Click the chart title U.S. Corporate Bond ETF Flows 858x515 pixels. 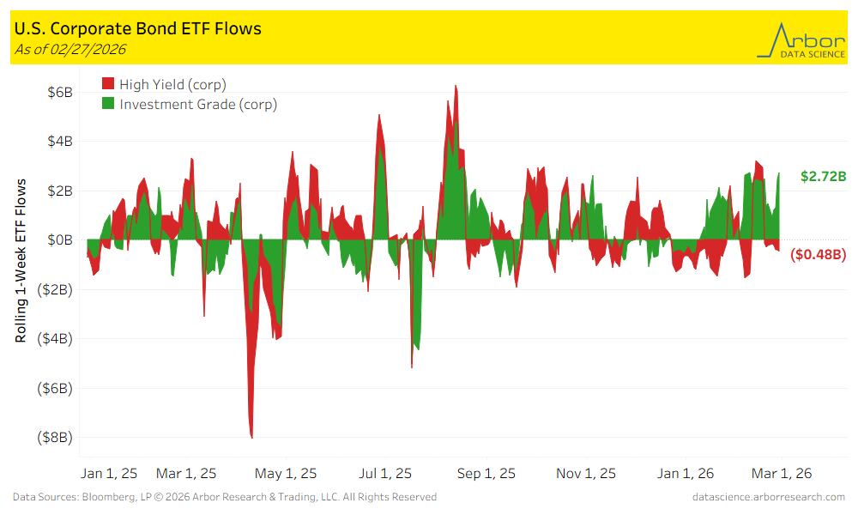pyautogui.click(x=138, y=28)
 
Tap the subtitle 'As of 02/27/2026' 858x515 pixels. pyautogui.click(x=70, y=49)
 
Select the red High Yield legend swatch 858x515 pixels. pyautogui.click(x=108, y=83)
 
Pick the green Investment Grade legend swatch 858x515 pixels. pyautogui.click(x=108, y=104)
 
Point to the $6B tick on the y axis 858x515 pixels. pyautogui.click(x=59, y=91)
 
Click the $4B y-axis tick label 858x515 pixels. pyautogui.click(x=59, y=141)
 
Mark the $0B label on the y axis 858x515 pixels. pyautogui.click(x=59, y=239)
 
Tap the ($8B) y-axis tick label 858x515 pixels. pyautogui.click(x=57, y=437)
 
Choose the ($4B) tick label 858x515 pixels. pyautogui.click(x=57, y=338)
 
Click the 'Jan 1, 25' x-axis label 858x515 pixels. pyautogui.click(x=108, y=473)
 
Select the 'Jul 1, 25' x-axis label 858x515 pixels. pyautogui.click(x=384, y=473)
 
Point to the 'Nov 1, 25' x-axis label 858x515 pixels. pyautogui.click(x=586, y=473)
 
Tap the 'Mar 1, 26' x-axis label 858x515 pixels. pyautogui.click(x=782, y=473)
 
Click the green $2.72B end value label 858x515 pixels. pyautogui.click(x=824, y=176)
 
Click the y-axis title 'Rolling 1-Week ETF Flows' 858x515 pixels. pyautogui.click(x=21, y=261)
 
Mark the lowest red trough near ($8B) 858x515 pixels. pyautogui.click(x=251, y=436)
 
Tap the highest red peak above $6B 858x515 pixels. pyautogui.click(x=456, y=87)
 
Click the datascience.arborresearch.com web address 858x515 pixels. pyautogui.click(x=768, y=497)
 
